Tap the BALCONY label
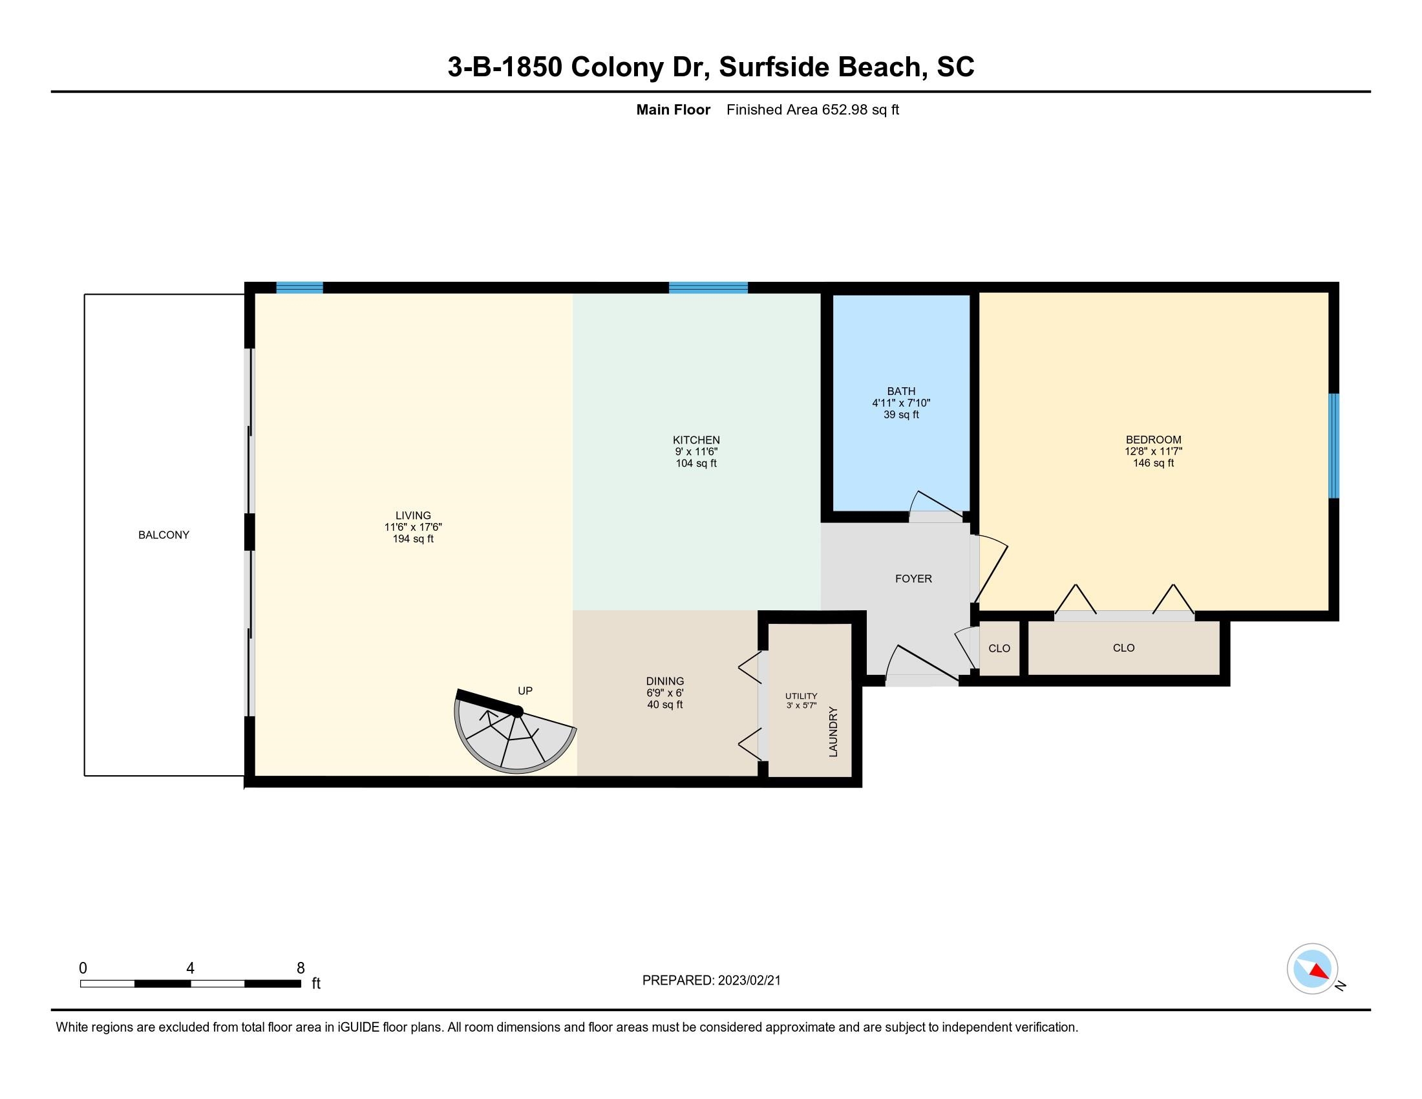click(164, 535)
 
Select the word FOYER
click(913, 579)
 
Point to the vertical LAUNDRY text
click(833, 732)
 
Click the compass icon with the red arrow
click(1313, 969)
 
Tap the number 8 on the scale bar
click(300, 968)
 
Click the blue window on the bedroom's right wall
click(1333, 446)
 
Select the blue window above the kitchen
click(708, 288)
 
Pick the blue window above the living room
click(299, 288)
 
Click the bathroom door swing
click(937, 507)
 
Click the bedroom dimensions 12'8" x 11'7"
click(1154, 451)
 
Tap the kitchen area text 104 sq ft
click(696, 464)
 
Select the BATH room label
click(901, 391)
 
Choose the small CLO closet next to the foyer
click(999, 648)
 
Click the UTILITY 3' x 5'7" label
click(801, 701)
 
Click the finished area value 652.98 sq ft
click(860, 110)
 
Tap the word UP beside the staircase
click(525, 691)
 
